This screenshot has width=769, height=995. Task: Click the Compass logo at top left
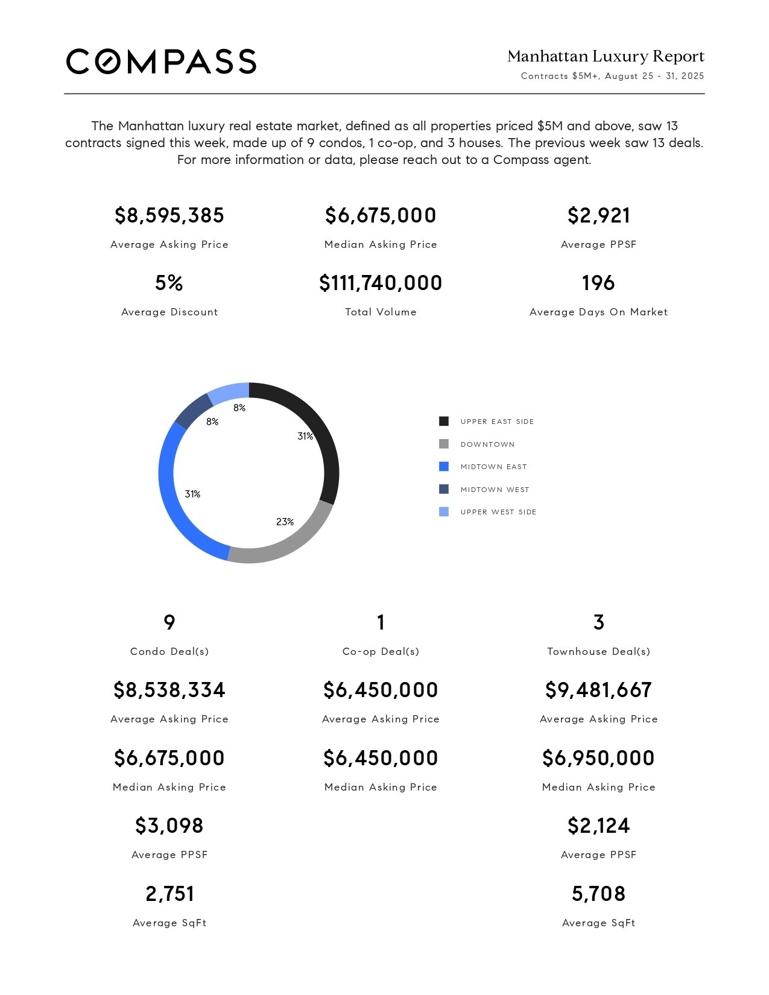point(161,62)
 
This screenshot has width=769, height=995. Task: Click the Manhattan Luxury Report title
point(606,56)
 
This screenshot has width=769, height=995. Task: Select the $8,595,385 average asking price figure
point(169,215)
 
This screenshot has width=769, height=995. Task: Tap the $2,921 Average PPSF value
point(599,215)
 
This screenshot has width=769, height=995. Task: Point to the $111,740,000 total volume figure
point(381,283)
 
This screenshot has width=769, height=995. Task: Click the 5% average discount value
point(169,283)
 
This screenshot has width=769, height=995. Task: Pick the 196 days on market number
point(598,283)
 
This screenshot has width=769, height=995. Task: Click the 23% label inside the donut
point(285,522)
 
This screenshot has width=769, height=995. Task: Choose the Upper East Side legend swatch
point(444,422)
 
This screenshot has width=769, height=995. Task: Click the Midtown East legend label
point(494,467)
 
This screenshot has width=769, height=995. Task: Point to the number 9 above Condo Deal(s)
point(169,622)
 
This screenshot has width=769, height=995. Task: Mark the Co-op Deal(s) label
point(381,652)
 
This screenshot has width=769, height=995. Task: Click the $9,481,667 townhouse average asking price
point(599,690)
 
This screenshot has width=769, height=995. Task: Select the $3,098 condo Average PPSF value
point(169,826)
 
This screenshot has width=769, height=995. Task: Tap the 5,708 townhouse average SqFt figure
point(599,894)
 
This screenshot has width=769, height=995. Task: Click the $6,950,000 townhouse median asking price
point(599,758)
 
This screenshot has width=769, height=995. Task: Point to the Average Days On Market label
point(599,312)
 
